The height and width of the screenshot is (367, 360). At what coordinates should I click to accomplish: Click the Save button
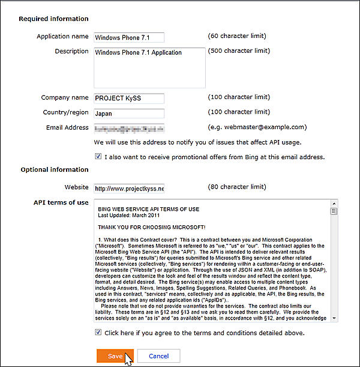coord(115,356)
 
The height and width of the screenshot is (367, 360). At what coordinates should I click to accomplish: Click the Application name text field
coord(129,37)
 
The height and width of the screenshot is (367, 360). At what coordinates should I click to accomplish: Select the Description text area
coord(149,67)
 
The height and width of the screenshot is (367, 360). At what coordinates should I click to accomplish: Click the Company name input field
coord(129,98)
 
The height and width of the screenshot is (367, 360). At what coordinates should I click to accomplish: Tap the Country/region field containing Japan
coord(129,113)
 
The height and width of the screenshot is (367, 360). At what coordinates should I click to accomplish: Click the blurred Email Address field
coord(129,128)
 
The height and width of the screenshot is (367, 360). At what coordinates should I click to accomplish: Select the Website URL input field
coord(129,188)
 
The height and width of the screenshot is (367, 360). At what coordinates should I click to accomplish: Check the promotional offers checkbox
coord(98,157)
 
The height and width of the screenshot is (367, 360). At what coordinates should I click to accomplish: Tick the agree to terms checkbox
coord(98,332)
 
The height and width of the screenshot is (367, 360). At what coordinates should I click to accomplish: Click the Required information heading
coord(53,19)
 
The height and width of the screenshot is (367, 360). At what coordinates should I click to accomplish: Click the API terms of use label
coord(61,202)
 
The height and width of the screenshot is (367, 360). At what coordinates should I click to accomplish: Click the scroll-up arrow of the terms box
coord(334,204)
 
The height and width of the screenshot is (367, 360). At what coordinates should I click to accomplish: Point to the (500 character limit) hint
coord(239,51)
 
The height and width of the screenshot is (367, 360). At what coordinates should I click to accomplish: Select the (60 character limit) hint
coord(237,37)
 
